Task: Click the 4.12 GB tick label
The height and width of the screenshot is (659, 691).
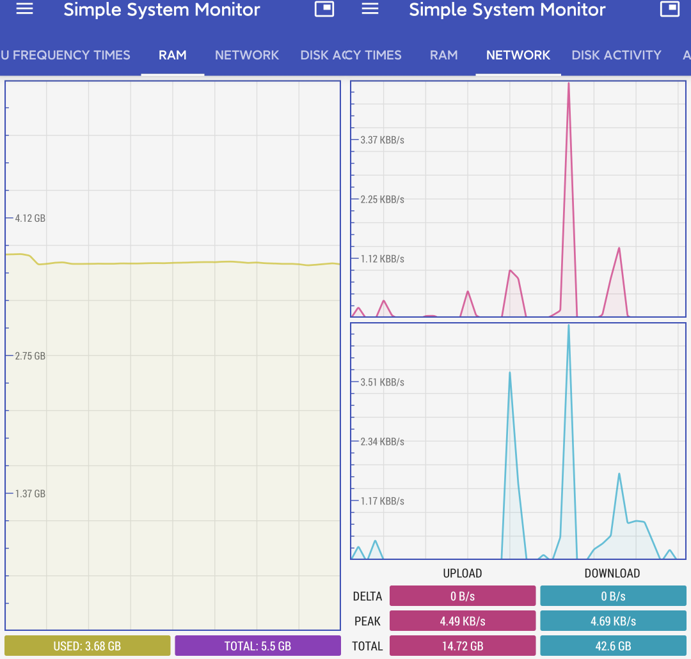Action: point(30,218)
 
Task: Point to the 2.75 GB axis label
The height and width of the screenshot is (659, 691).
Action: point(30,356)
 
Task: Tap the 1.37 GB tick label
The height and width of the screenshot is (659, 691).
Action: point(30,493)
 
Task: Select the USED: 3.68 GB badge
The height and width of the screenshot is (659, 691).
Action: point(88,646)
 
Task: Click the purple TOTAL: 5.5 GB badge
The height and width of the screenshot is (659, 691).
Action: point(258,646)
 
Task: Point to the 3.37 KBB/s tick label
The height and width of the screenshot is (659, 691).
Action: point(383,140)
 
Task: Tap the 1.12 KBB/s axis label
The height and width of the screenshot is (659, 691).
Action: point(383,259)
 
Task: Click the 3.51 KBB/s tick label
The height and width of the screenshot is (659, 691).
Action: point(383,382)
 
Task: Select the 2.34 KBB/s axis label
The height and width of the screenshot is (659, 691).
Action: point(383,442)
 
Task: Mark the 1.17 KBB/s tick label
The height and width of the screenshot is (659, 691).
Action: point(383,500)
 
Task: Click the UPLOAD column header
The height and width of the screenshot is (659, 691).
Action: point(463,573)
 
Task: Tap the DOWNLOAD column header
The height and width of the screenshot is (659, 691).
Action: point(612,573)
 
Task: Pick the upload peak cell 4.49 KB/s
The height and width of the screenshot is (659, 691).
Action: point(463,621)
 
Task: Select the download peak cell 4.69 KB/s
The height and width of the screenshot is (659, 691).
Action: point(613,621)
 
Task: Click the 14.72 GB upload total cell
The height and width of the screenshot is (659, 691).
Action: point(463,646)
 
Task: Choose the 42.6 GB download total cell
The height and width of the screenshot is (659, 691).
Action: point(613,646)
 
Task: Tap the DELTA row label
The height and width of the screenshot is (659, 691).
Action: point(367,596)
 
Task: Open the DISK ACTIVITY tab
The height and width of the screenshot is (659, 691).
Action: point(616,55)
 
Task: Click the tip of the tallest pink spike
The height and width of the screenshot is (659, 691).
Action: point(568,83)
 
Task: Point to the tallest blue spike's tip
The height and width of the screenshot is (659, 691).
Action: point(568,325)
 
